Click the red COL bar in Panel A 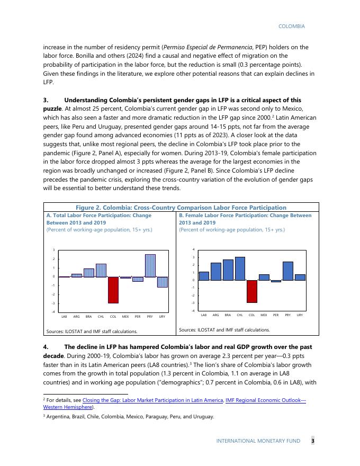pyautogui.click(x=113, y=290)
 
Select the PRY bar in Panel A pyautogui.click(x=150, y=266)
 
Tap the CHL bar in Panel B pyautogui.click(x=240, y=268)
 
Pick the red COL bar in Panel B pyautogui.click(x=252, y=291)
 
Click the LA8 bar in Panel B pyautogui.click(x=204, y=276)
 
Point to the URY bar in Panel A pyautogui.click(x=162, y=282)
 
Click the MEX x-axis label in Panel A pyautogui.click(x=125, y=317)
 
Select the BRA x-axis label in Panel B pyautogui.click(x=228, y=315)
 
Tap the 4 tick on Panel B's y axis pyautogui.click(x=194, y=249)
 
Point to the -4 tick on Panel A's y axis pyautogui.click(x=53, y=312)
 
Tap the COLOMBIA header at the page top pyautogui.click(x=291, y=26)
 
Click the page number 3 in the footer pyautogui.click(x=312, y=441)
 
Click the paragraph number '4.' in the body pyautogui.click(x=46, y=347)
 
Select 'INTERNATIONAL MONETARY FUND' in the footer pyautogui.click(x=258, y=441)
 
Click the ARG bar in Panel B pyautogui.click(x=216, y=272)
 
